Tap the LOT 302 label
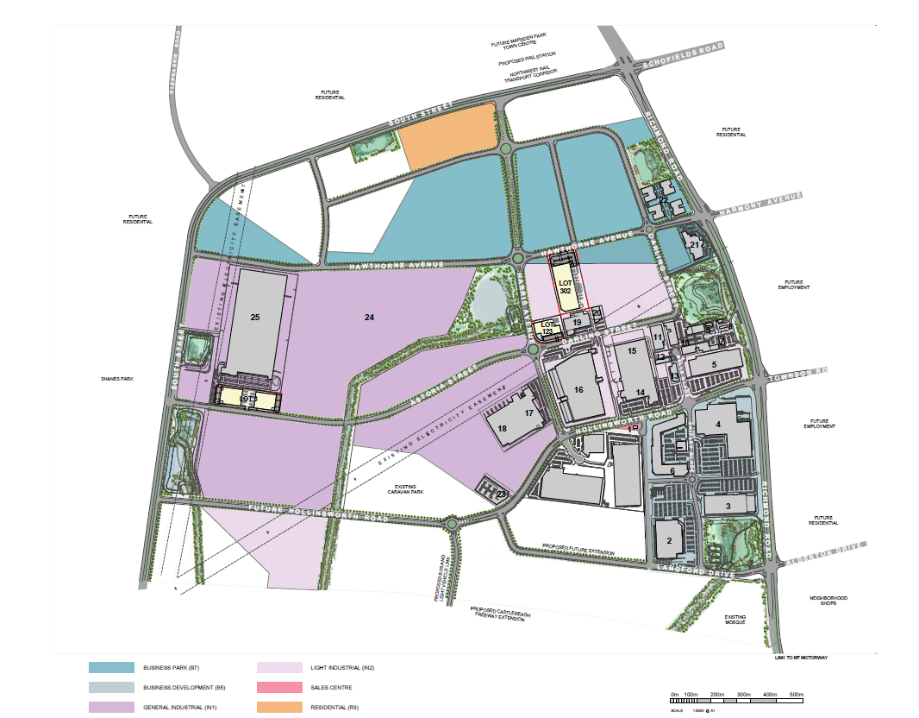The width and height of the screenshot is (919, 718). [x=566, y=287]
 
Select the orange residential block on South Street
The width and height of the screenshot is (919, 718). [x=447, y=138]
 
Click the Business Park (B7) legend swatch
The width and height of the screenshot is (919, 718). [x=111, y=668]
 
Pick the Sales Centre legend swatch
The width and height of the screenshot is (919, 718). [x=280, y=688]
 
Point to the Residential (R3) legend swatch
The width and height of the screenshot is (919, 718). [x=280, y=708]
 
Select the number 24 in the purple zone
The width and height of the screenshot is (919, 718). [x=369, y=318]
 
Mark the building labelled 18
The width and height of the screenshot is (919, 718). [x=503, y=427]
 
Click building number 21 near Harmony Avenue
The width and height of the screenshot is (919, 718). [x=695, y=245]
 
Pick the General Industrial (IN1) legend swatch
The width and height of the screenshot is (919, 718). [x=111, y=708]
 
